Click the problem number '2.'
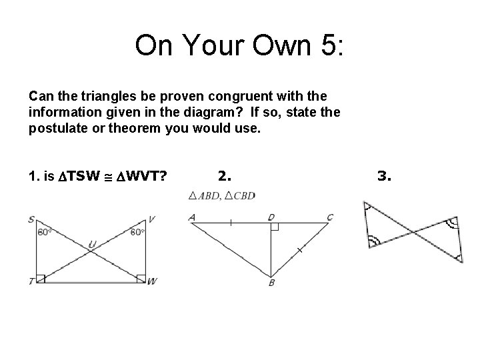click(x=225, y=177)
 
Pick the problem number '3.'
click(x=385, y=177)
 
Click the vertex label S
click(x=32, y=219)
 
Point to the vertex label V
click(x=152, y=219)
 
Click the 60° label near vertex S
click(x=45, y=233)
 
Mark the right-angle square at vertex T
click(x=41, y=278)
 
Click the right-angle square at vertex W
click(x=141, y=278)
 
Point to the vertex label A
click(x=192, y=217)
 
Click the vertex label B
click(x=271, y=283)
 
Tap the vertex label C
click(x=330, y=217)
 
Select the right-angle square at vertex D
click(x=274, y=227)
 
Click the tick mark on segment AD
click(x=231, y=223)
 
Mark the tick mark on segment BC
click(x=299, y=250)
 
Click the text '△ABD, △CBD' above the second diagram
click(x=221, y=195)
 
